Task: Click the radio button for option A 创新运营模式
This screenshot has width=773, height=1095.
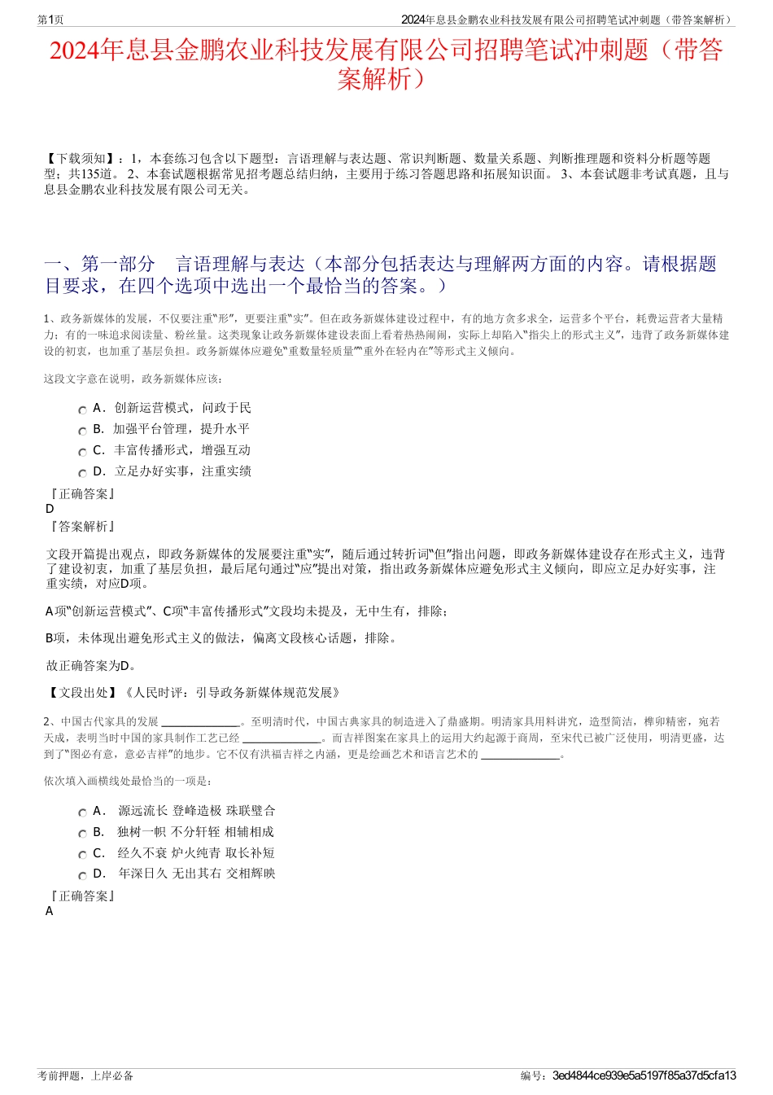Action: (x=82, y=410)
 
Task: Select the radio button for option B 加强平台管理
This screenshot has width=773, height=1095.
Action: (x=82, y=431)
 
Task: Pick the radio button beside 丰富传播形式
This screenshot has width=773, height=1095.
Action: (x=82, y=453)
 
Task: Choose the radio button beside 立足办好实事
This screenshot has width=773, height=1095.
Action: (x=82, y=474)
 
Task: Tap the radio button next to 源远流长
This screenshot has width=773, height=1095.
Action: (x=82, y=813)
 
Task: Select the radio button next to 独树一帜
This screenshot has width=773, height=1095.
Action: (x=82, y=834)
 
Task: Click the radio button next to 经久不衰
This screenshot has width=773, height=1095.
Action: (x=82, y=856)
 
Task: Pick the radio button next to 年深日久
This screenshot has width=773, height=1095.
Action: (x=82, y=876)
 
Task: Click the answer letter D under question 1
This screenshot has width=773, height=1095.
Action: (x=50, y=509)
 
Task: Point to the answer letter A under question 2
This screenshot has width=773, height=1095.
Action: (x=50, y=911)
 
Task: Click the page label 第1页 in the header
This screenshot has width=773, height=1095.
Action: (x=50, y=20)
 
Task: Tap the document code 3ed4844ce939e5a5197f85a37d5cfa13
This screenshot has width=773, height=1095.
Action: (x=644, y=1075)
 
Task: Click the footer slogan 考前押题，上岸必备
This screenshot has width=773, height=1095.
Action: (x=85, y=1075)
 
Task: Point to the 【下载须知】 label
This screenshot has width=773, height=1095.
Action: (x=81, y=159)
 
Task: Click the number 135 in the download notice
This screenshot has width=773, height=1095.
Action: (x=89, y=174)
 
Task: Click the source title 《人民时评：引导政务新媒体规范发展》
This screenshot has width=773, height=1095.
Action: (x=231, y=693)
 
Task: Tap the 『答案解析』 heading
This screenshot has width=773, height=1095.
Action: (x=82, y=527)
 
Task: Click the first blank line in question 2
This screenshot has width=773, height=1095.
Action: (x=200, y=721)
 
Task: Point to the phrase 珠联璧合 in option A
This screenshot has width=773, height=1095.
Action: (x=251, y=811)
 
